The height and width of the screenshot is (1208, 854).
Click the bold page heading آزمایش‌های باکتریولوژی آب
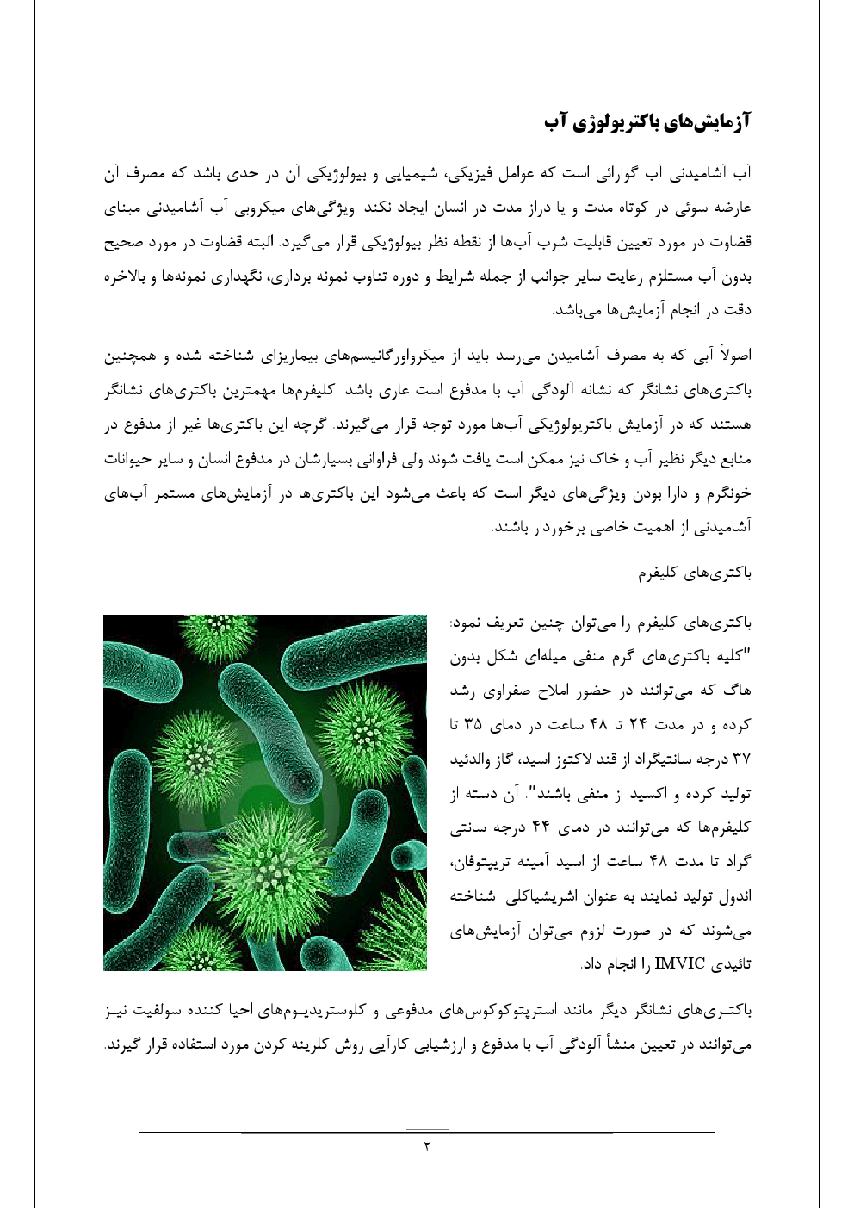pyautogui.click(x=647, y=122)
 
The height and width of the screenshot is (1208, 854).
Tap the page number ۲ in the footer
pyautogui.click(x=426, y=1146)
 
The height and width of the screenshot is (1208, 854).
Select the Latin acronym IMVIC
pyautogui.click(x=680, y=963)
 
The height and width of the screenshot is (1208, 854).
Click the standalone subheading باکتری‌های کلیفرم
pyautogui.click(x=694, y=573)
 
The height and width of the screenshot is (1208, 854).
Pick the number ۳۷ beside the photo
pyautogui.click(x=740, y=759)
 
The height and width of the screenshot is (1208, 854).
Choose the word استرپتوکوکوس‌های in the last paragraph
pyautogui.click(x=509, y=1009)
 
